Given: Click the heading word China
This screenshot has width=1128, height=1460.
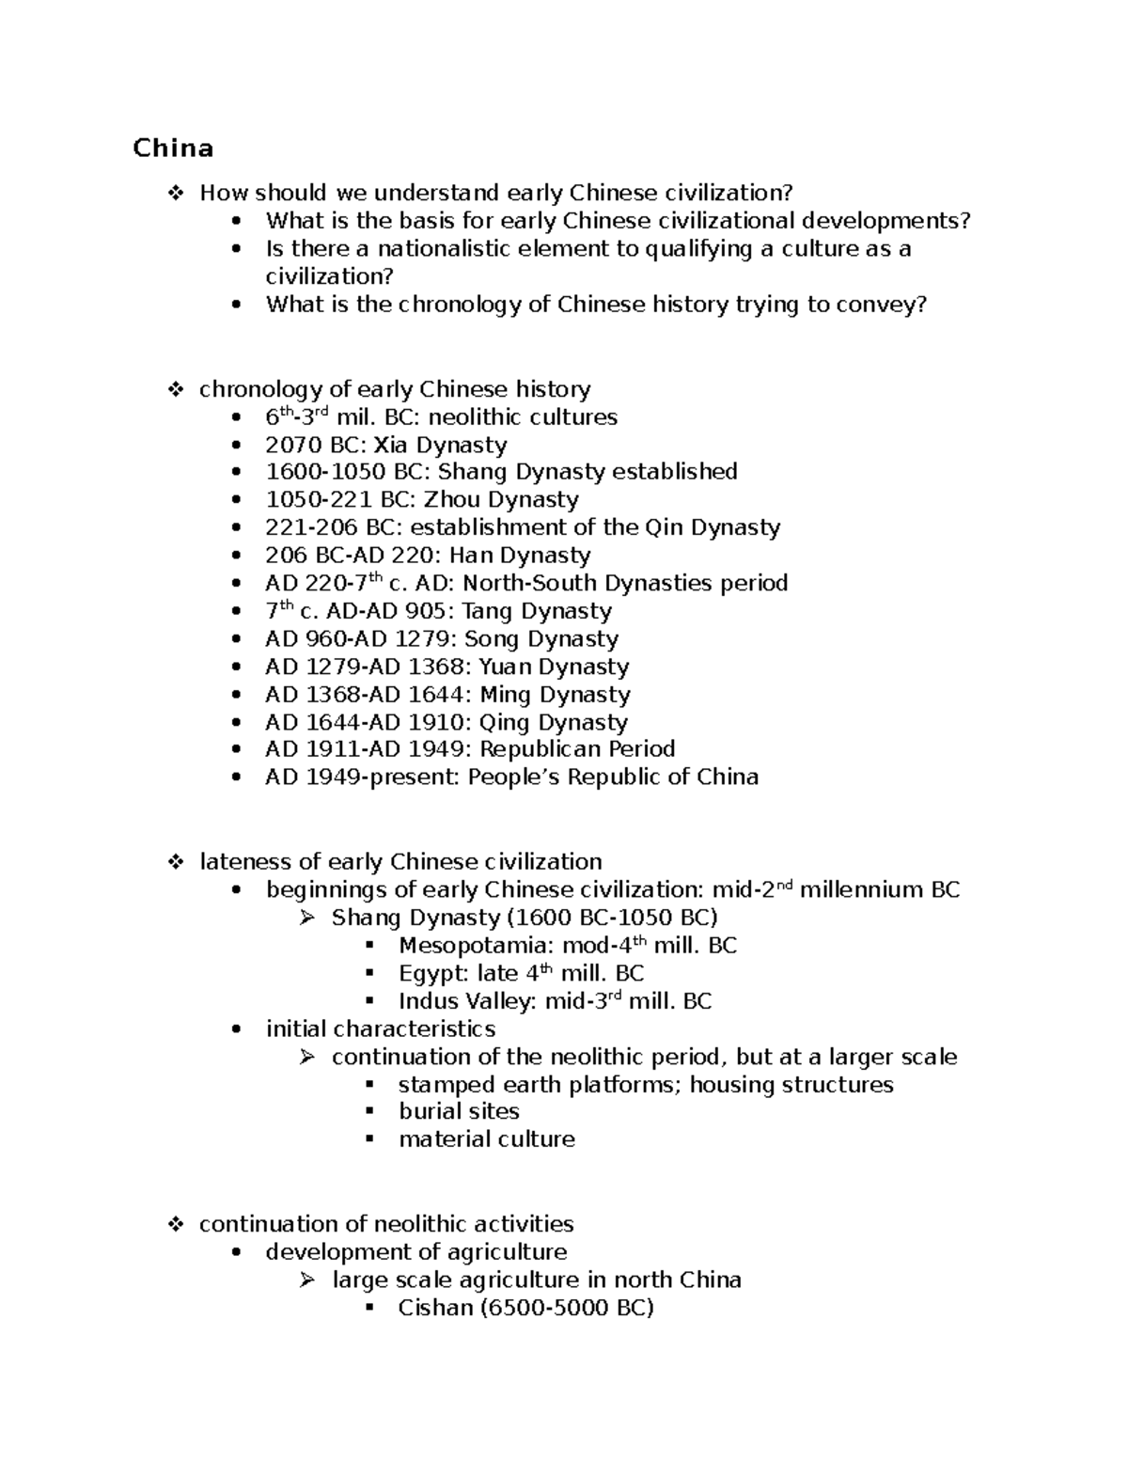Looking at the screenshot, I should pyautogui.click(x=173, y=149).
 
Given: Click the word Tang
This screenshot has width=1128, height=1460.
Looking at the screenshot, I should pyautogui.click(x=487, y=611).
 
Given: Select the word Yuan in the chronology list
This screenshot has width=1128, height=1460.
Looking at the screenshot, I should pyautogui.click(x=507, y=667).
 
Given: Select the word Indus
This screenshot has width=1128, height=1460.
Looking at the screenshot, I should pyautogui.click(x=429, y=1001).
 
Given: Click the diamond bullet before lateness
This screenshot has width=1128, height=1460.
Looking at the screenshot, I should pyautogui.click(x=175, y=862).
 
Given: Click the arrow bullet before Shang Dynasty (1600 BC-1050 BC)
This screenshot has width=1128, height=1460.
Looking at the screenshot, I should pyautogui.click(x=307, y=918).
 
